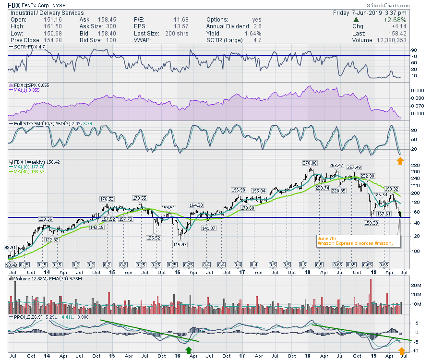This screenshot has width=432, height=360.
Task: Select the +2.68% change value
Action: pyautogui.click(x=395, y=20)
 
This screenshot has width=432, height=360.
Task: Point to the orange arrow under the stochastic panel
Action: pyautogui.click(x=400, y=161)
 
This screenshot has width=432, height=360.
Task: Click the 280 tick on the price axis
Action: pyautogui.click(x=416, y=166)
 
